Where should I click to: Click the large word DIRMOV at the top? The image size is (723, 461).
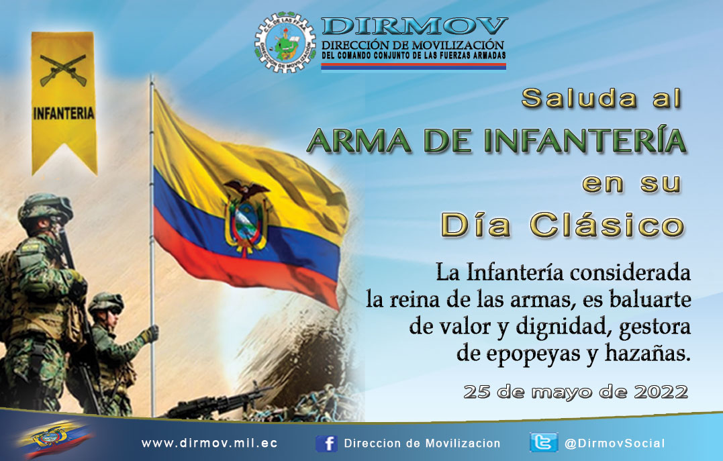point(414,27)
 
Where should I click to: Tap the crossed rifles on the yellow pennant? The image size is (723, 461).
point(63,70)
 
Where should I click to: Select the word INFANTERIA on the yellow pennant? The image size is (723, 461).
point(64,113)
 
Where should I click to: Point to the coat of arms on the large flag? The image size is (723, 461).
point(246,217)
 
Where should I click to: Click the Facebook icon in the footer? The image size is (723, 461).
point(326,444)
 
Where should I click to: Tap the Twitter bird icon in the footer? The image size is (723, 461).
point(544,442)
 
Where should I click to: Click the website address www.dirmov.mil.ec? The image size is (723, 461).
point(209,444)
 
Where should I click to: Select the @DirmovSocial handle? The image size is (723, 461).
point(615,444)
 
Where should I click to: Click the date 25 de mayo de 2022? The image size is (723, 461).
point(576,392)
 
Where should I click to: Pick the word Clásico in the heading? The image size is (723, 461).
point(608,225)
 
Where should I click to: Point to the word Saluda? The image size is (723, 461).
point(579,98)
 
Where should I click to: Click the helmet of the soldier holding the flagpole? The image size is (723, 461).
point(106,303)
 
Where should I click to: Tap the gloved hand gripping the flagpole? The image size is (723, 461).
point(150,334)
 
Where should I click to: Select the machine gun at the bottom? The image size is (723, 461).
point(217,403)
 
